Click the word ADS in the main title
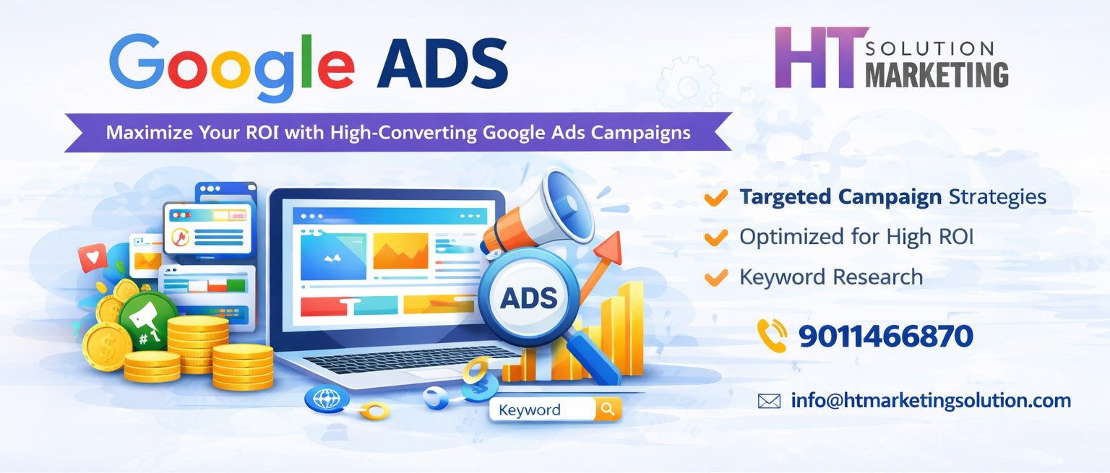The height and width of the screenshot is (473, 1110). point(442,64)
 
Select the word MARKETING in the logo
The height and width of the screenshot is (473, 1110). point(937,75)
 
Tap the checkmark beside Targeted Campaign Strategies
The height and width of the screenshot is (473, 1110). point(715,198)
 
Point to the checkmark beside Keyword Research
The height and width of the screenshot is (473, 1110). point(715,277)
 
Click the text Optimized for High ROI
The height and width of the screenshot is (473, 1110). point(856,237)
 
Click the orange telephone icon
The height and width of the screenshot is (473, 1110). point(772,335)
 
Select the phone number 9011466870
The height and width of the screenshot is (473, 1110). point(886,337)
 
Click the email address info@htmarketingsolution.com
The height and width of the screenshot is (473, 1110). point(931,401)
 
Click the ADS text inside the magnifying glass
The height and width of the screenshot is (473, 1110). point(529,298)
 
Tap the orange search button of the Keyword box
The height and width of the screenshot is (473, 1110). point(608,409)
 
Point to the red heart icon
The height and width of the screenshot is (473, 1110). point(92,257)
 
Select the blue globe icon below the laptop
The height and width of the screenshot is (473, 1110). point(327,398)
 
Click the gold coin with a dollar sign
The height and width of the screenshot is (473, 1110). point(106,346)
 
